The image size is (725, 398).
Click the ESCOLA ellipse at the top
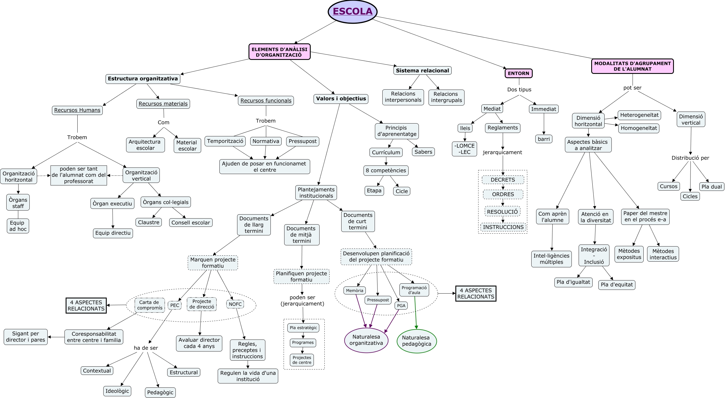pyautogui.click(x=352, y=12)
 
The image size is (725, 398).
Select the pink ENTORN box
pyautogui.click(x=518, y=73)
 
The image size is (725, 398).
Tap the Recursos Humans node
pyautogui.click(x=77, y=110)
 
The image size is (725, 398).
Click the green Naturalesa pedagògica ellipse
pyautogui.click(x=416, y=341)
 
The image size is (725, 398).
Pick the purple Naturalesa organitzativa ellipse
pyautogui.click(x=366, y=340)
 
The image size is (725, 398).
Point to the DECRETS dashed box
pyautogui.click(x=503, y=180)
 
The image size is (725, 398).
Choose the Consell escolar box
pyautogui.click(x=191, y=223)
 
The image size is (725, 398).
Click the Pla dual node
pyautogui.click(x=711, y=187)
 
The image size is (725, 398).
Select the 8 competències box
pyautogui.click(x=386, y=170)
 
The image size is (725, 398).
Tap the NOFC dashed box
pyautogui.click(x=235, y=304)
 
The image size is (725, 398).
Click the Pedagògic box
pyautogui.click(x=160, y=392)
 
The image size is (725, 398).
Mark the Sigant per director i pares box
pyautogui.click(x=26, y=337)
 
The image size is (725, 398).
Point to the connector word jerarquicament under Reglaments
pyautogui.click(x=502, y=152)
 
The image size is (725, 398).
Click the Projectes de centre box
pyautogui.click(x=302, y=360)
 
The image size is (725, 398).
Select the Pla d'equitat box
pyautogui.click(x=617, y=284)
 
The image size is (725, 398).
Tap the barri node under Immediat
pyautogui.click(x=544, y=139)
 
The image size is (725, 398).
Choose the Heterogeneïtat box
pyautogui.click(x=639, y=115)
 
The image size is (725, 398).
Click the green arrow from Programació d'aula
pyautogui.click(x=415, y=312)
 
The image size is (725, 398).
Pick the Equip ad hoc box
pyautogui.click(x=18, y=226)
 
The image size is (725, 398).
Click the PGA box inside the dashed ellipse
pyautogui.click(x=401, y=306)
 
